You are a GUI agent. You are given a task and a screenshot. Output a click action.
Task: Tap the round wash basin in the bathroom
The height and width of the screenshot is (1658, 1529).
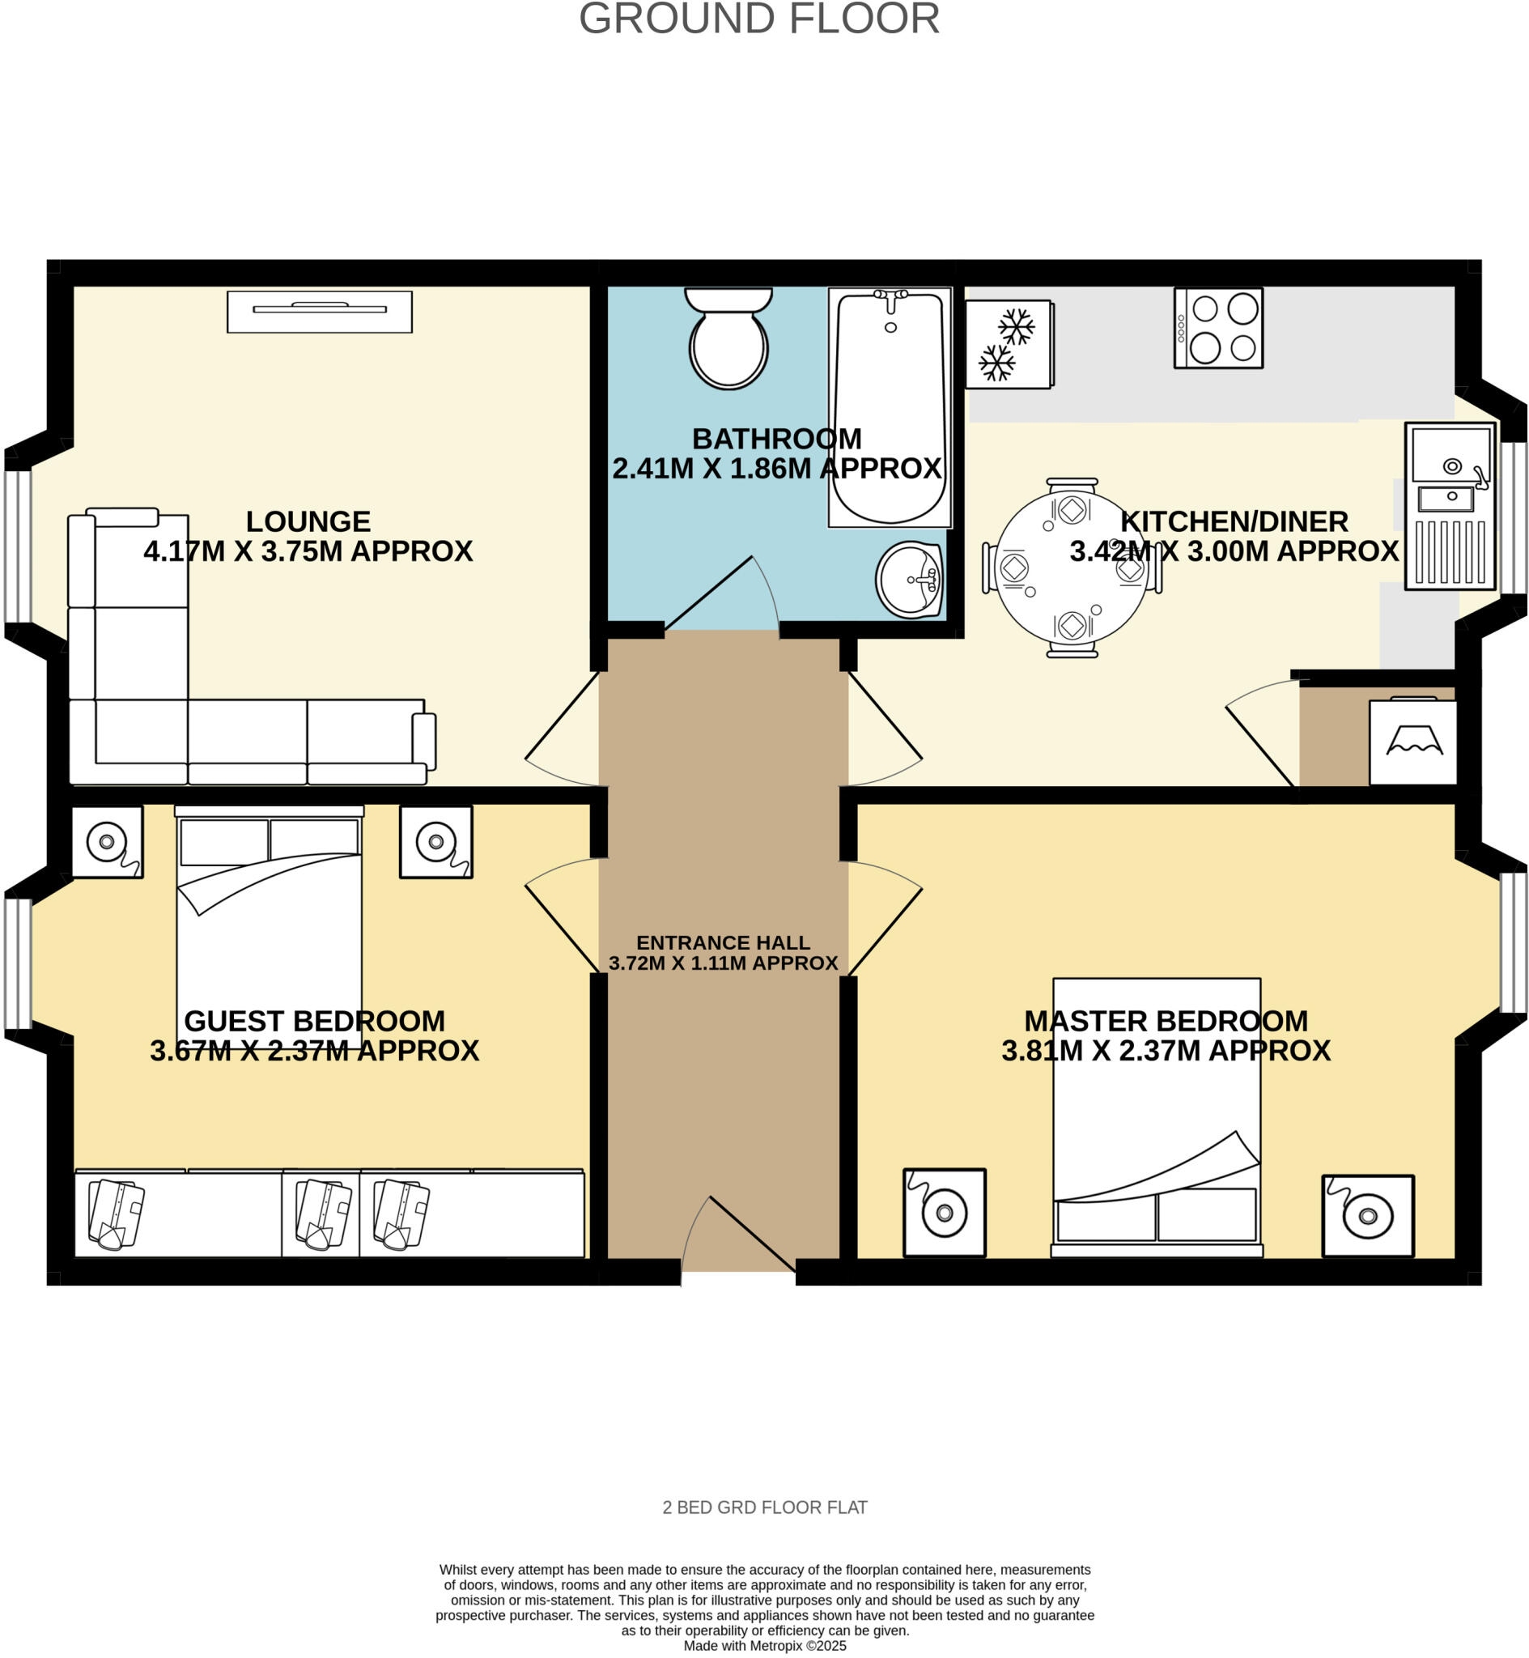click(x=910, y=580)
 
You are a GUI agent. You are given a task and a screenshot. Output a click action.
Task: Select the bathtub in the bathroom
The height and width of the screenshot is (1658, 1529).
click(x=890, y=407)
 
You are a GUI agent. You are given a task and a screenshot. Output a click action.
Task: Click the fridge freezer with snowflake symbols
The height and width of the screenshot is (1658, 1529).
click(x=1009, y=344)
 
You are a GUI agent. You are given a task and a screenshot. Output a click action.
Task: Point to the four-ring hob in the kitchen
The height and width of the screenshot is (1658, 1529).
click(x=1218, y=329)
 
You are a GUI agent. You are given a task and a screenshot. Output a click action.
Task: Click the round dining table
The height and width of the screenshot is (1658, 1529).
click(x=1072, y=568)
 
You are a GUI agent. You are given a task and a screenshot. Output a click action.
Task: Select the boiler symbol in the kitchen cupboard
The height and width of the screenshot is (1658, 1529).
click(x=1413, y=742)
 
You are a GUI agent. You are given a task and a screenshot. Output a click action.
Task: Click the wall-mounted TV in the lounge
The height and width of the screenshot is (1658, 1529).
click(x=320, y=311)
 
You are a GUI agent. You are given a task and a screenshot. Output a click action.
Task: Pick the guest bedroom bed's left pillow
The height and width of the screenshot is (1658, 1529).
click(x=223, y=841)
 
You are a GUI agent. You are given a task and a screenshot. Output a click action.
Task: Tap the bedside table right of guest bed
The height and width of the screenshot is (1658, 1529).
click(x=436, y=841)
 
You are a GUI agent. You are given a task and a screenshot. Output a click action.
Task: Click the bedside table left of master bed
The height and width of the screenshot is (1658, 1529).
click(x=944, y=1213)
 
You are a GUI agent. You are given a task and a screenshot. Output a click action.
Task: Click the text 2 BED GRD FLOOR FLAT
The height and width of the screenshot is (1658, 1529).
click(x=764, y=1507)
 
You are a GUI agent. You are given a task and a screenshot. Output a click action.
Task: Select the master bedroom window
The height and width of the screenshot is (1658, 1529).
click(x=1514, y=942)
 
